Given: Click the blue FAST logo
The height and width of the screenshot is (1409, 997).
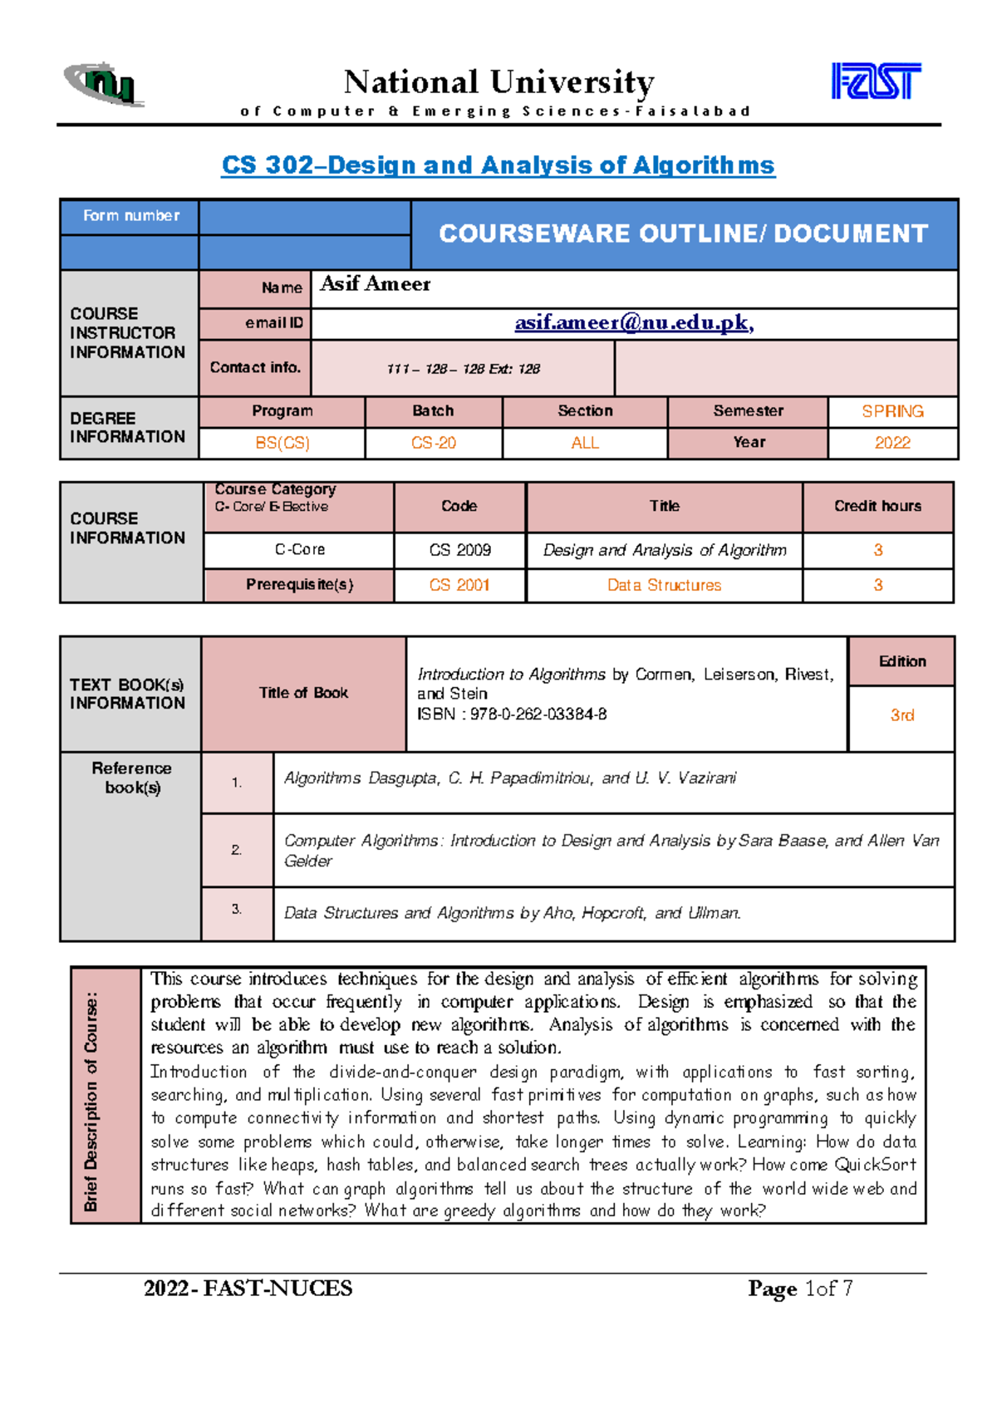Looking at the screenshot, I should [876, 81].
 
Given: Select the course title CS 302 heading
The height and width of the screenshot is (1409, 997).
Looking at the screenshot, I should [498, 165].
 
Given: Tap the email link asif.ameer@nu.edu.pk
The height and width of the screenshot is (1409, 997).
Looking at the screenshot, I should [634, 322].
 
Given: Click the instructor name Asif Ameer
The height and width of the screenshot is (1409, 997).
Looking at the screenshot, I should [376, 284].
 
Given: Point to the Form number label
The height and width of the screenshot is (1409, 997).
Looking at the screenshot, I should [130, 216].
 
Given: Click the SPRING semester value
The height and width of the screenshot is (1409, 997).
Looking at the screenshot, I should [892, 411].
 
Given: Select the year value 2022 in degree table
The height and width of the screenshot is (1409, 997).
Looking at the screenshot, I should [892, 443].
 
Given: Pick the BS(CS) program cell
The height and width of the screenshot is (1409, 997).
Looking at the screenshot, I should [282, 443].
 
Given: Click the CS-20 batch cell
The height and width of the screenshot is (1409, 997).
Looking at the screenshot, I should [433, 443].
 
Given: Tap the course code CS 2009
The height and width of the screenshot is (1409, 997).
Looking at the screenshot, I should [459, 550].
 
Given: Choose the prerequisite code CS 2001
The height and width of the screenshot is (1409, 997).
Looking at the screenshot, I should [459, 585].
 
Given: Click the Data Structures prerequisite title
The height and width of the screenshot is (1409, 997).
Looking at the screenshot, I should [664, 585].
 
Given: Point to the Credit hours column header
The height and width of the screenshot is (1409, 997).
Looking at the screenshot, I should [877, 506].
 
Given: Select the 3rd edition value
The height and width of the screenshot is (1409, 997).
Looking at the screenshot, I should [902, 715].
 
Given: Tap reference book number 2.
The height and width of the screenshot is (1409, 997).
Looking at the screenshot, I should [237, 850].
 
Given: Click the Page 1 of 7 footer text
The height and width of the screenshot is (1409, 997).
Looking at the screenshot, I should [799, 1289].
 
